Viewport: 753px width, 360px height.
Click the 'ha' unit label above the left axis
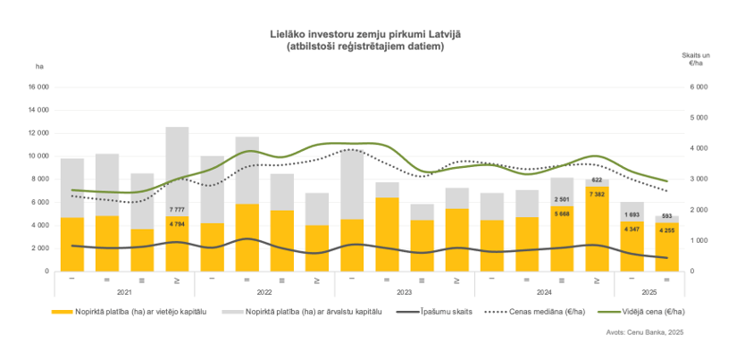click(x=39, y=67)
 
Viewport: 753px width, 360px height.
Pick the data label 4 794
click(x=177, y=220)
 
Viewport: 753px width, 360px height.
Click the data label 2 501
click(x=562, y=199)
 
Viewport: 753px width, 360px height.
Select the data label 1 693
click(x=632, y=215)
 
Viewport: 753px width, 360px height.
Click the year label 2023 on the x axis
click(x=405, y=292)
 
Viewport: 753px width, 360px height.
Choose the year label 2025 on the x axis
click(x=649, y=292)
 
